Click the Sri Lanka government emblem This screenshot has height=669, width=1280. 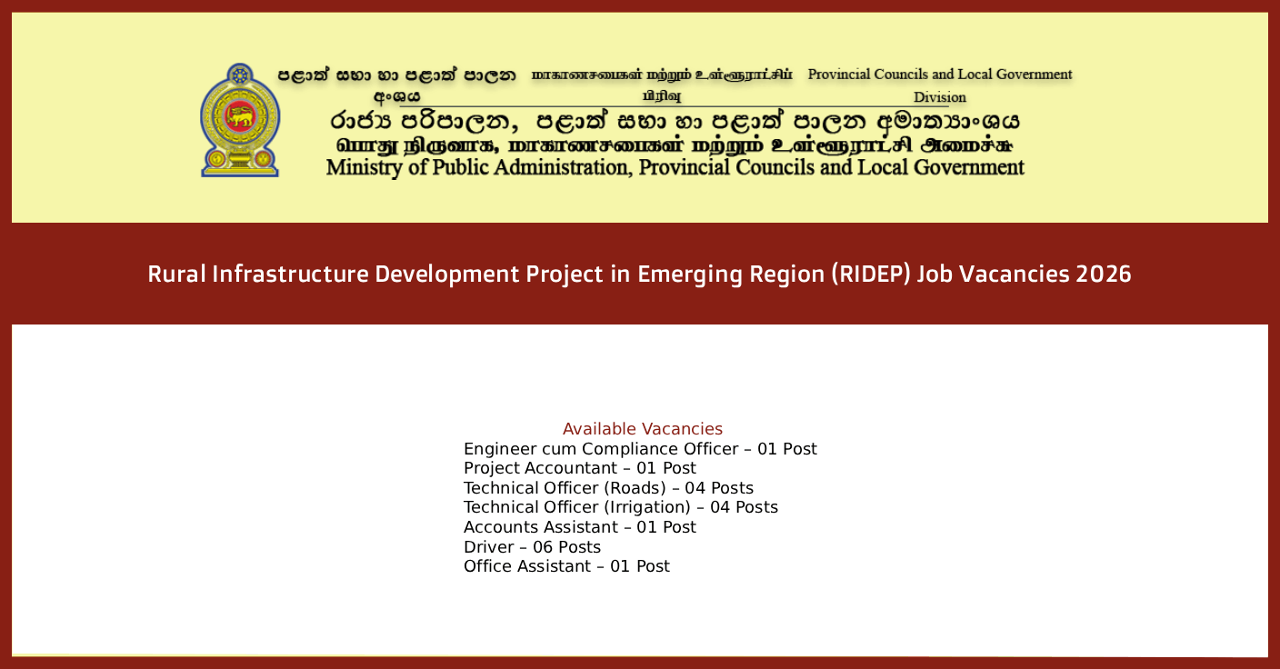click(x=240, y=120)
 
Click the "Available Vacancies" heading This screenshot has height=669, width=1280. click(x=642, y=429)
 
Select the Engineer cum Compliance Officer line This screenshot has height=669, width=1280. click(x=640, y=449)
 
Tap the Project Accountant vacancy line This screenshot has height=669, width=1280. click(x=579, y=468)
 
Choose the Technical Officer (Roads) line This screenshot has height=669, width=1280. click(x=608, y=488)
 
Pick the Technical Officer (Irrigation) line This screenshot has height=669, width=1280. click(x=620, y=507)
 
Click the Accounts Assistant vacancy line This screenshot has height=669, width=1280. click(x=579, y=527)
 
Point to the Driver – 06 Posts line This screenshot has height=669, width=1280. click(x=532, y=547)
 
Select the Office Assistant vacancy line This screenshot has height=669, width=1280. click(x=566, y=566)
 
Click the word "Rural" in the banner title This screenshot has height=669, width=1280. click(x=175, y=274)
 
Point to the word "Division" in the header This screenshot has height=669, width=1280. click(x=939, y=97)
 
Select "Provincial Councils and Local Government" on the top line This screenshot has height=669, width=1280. click(x=939, y=75)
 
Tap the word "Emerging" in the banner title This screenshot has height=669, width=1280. click(x=688, y=274)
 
